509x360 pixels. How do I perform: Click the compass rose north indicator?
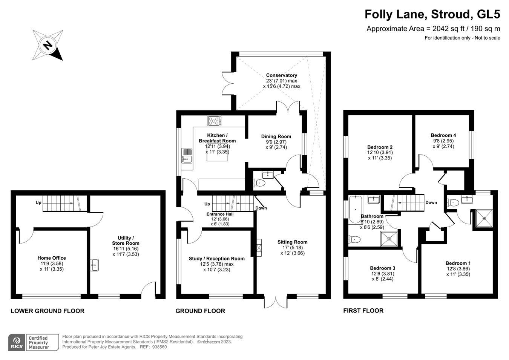click(x=48, y=45)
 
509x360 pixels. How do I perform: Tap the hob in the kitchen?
click(x=214, y=121)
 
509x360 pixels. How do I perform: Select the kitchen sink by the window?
click(x=187, y=155)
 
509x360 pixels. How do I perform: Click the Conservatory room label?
click(x=281, y=75)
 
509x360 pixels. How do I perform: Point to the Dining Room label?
click(x=276, y=136)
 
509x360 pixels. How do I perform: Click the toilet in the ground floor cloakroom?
click(x=260, y=183)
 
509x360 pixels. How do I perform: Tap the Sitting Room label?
click(x=292, y=242)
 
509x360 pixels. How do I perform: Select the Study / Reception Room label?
click(x=216, y=259)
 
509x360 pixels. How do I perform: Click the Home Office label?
click(x=52, y=258)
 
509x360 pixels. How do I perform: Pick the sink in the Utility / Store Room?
click(x=94, y=265)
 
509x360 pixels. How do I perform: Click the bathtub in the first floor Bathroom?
click(x=355, y=210)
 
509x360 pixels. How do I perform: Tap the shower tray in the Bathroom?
click(x=389, y=239)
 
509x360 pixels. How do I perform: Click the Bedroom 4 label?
click(x=443, y=135)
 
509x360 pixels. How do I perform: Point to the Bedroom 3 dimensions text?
click(x=382, y=277)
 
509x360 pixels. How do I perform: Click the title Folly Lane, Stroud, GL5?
click(x=432, y=14)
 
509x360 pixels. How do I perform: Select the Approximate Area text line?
click(x=433, y=29)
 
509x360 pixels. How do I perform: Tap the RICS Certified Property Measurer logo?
click(x=34, y=342)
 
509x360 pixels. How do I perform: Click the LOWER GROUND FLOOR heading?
click(x=48, y=311)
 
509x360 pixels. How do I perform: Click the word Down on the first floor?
click(x=431, y=202)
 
